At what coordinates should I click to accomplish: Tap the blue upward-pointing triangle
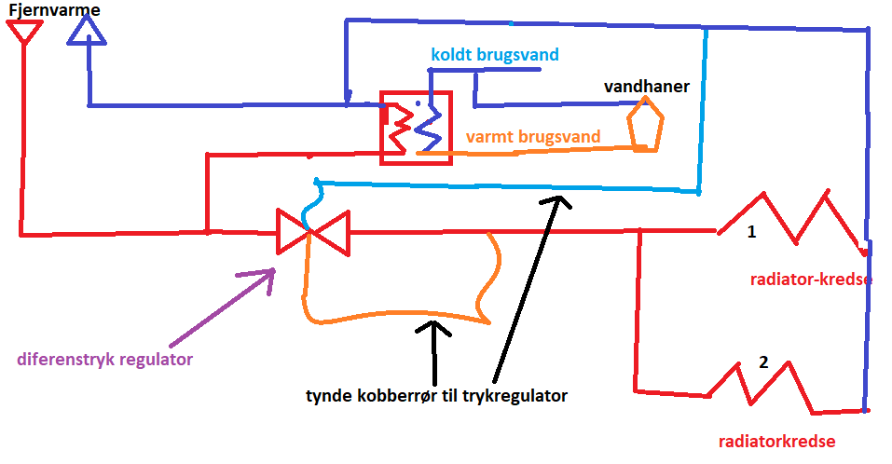88,33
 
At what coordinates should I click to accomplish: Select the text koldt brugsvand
494,54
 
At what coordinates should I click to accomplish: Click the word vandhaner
646,87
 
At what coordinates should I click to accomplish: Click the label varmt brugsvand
532,137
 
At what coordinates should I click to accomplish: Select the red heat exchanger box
416,128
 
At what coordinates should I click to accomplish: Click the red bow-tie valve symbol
312,232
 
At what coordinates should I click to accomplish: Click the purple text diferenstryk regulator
105,360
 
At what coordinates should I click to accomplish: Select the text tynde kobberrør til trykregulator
436,396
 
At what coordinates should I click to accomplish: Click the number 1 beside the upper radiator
751,233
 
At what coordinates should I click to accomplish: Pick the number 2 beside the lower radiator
763,362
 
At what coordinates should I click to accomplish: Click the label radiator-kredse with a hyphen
809,279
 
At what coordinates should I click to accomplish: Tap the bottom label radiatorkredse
776,442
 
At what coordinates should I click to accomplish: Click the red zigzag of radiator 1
792,220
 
